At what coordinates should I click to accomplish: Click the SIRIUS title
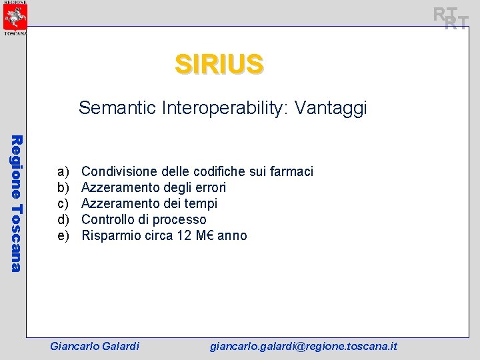point(219,64)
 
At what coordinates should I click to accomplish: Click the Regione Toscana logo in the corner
point(14,18)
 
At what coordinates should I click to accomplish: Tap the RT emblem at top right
point(451,18)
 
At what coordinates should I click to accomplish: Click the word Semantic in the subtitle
point(118,108)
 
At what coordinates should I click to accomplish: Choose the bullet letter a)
point(63,171)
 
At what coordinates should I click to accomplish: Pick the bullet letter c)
point(63,203)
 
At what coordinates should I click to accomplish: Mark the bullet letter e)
point(63,235)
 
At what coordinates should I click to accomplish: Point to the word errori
point(209,187)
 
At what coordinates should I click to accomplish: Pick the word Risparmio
point(111,235)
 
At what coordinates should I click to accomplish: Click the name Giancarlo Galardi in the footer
point(95,346)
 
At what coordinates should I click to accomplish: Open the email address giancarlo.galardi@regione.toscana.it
point(304,346)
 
